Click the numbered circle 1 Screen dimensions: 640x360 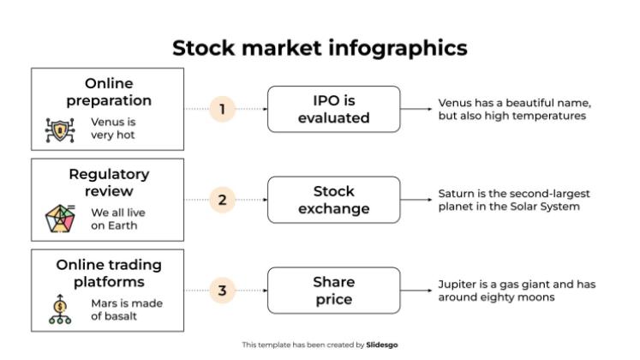pos(223,109)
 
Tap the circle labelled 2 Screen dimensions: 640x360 pos(223,200)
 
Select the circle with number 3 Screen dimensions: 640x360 pos(223,291)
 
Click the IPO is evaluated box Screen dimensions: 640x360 pos(334,109)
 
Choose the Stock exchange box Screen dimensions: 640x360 pos(334,200)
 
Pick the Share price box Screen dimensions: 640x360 pos(334,291)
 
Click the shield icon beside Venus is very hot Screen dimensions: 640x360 pos(60,130)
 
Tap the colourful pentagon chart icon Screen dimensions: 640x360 pos(60,219)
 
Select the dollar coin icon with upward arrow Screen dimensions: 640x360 pos(60,309)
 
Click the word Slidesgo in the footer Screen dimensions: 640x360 pos(381,345)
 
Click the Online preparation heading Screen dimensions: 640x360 pos(109,92)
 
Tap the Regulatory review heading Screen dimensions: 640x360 pos(109,183)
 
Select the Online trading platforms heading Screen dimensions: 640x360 pos(109,273)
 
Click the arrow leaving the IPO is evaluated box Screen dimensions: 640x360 pos(416,109)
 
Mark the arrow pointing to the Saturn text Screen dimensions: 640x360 pos(416,200)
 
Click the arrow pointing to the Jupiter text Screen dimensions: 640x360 pos(416,291)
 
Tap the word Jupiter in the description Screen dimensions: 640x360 pos(452,285)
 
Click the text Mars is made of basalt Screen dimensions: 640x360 pos(127,309)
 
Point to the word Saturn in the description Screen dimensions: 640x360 pos(452,194)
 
